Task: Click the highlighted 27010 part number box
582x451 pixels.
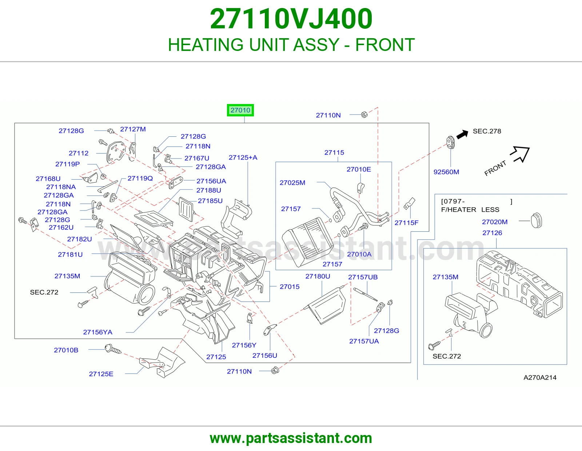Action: [x=240, y=110]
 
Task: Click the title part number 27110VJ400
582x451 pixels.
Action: [x=291, y=19]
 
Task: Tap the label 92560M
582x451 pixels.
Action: [x=446, y=172]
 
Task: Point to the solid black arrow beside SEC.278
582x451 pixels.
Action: [x=462, y=134]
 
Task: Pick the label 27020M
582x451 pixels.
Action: [x=495, y=222]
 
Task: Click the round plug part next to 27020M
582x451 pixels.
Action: [x=537, y=220]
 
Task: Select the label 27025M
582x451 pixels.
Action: [x=292, y=183]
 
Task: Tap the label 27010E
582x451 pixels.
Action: [x=359, y=169]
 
